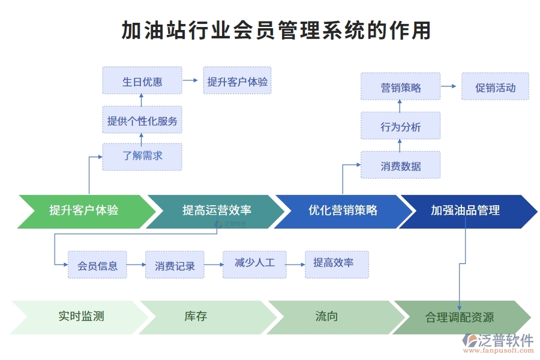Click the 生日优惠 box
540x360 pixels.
(142, 81)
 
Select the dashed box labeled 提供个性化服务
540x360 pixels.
(142, 121)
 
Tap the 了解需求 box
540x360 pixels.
(142, 156)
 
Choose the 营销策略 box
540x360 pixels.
(400, 87)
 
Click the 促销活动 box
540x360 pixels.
(495, 87)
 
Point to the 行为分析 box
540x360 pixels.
(400, 126)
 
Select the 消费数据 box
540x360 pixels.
(400, 166)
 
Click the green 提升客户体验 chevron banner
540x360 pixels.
(84, 211)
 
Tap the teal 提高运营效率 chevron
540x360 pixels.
(217, 211)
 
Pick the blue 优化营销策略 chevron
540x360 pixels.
(343, 211)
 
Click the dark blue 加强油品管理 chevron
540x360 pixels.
(466, 211)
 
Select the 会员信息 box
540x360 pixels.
(97, 265)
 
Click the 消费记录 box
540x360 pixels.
(175, 265)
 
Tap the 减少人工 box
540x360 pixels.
(254, 263)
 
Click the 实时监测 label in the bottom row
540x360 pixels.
(81, 316)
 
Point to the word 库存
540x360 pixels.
(196, 316)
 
